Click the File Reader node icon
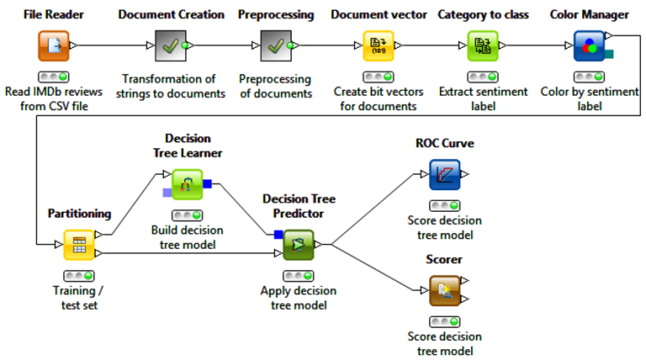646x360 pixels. [x=53, y=45]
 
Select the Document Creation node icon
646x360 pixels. [x=171, y=45]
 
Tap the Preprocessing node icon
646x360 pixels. [x=275, y=45]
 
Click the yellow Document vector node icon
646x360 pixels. [x=379, y=45]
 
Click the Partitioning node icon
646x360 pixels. [x=79, y=245]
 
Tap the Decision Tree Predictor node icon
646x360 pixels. [x=298, y=245]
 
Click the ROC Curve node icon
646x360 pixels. [x=444, y=174]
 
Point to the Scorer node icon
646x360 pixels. [x=444, y=291]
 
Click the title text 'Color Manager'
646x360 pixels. [x=589, y=14]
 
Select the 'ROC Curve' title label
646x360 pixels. [x=444, y=143]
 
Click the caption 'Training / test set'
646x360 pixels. [x=79, y=298]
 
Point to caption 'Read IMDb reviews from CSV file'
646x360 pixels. [x=53, y=98]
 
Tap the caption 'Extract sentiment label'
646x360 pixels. [x=483, y=98]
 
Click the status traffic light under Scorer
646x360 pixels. [x=444, y=321]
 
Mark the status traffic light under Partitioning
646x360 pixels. [x=79, y=275]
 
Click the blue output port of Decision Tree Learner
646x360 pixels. [x=207, y=183]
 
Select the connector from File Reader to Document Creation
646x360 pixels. [x=114, y=45]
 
